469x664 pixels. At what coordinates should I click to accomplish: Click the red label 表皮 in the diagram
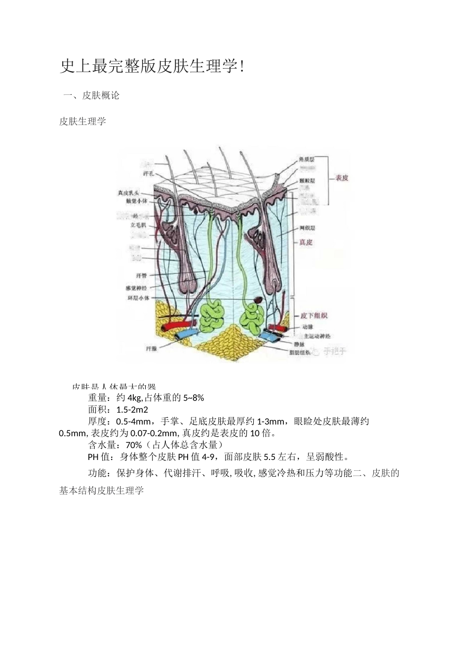(x=342, y=178)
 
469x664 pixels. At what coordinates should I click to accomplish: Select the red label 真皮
(x=306, y=243)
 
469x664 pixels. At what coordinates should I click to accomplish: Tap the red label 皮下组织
(x=314, y=316)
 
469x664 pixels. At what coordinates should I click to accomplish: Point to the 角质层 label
(x=306, y=160)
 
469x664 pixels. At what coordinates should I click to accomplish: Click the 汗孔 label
(x=148, y=174)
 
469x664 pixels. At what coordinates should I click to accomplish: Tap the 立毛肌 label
(x=138, y=224)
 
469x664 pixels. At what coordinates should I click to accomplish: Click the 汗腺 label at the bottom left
(x=152, y=348)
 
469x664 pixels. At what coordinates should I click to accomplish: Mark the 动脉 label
(x=307, y=327)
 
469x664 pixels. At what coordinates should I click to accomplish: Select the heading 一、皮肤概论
(x=91, y=96)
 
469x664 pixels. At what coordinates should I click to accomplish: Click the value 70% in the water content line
(x=134, y=445)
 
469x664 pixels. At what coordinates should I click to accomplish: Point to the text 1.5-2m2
(x=132, y=410)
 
